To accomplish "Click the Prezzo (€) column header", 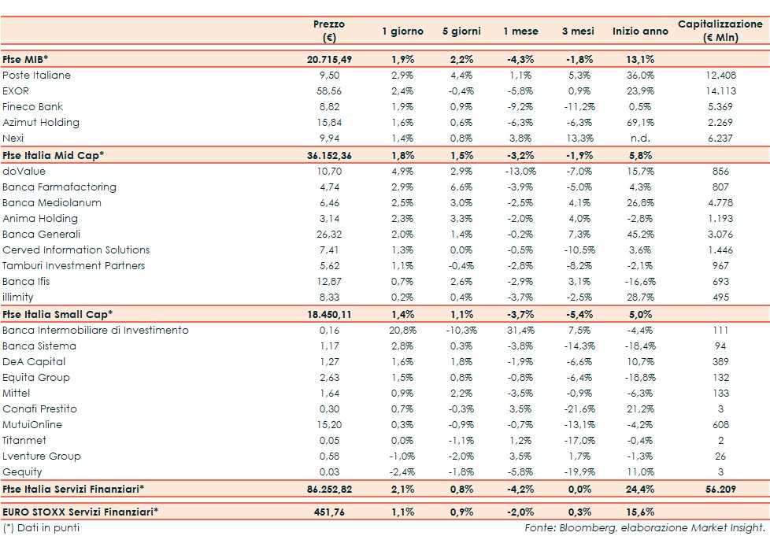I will [x=329, y=31].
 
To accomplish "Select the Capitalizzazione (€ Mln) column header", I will [x=720, y=31].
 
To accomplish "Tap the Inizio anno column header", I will [x=639, y=31].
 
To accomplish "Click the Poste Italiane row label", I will [x=37, y=76].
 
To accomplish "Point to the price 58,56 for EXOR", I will [x=329, y=91].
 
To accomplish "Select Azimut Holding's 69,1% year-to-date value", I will [x=639, y=123].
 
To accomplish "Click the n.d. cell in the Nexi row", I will [x=639, y=139].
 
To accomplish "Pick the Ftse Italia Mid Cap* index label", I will [x=54, y=155].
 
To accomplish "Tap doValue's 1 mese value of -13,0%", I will [x=520, y=171].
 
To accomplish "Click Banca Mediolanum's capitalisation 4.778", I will [x=720, y=203].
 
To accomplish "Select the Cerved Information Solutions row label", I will [x=76, y=250].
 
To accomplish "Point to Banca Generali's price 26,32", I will [x=329, y=235].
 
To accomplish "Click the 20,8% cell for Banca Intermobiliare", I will [x=402, y=331].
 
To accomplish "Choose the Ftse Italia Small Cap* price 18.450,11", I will [x=329, y=314].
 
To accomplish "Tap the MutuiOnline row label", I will [x=32, y=425].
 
